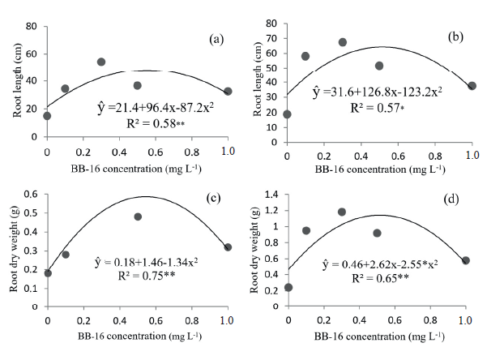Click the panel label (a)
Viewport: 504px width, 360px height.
coord(216,38)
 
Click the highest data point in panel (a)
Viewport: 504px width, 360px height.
coord(101,62)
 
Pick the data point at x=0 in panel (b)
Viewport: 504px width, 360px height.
coord(288,114)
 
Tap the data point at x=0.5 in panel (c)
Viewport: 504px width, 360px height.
coord(138,216)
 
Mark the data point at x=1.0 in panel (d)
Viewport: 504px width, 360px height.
coord(466,260)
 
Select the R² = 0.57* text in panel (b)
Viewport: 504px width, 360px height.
coord(380,108)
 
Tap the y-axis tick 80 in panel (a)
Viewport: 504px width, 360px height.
coord(32,27)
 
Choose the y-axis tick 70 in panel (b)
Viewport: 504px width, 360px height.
coord(271,38)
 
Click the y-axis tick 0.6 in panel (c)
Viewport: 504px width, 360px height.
coord(31,194)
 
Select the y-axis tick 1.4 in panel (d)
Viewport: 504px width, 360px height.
coord(271,195)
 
